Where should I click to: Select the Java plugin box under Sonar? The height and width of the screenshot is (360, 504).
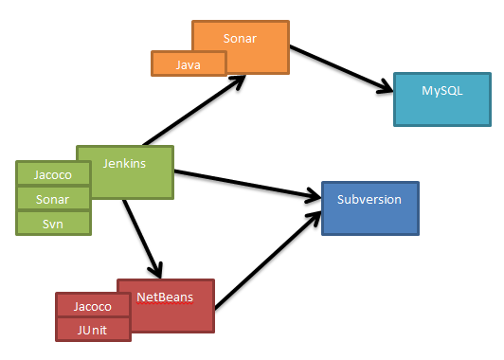pyautogui.click(x=189, y=63)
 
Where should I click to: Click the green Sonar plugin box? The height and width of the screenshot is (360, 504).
pyautogui.click(x=53, y=198)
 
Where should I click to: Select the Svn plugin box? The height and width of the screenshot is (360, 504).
pyautogui.click(x=53, y=223)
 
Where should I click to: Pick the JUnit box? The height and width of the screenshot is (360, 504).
pyautogui.click(x=93, y=329)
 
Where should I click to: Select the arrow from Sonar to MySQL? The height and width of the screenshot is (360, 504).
pyautogui.click(x=341, y=70)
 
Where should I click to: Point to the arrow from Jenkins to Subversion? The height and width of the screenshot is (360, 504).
pyautogui.click(x=246, y=184)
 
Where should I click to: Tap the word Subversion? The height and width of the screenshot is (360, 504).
pyautogui.click(x=369, y=200)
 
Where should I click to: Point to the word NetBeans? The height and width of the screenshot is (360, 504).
pyautogui.click(x=165, y=297)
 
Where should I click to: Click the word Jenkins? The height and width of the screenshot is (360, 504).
pyautogui.click(x=123, y=163)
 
